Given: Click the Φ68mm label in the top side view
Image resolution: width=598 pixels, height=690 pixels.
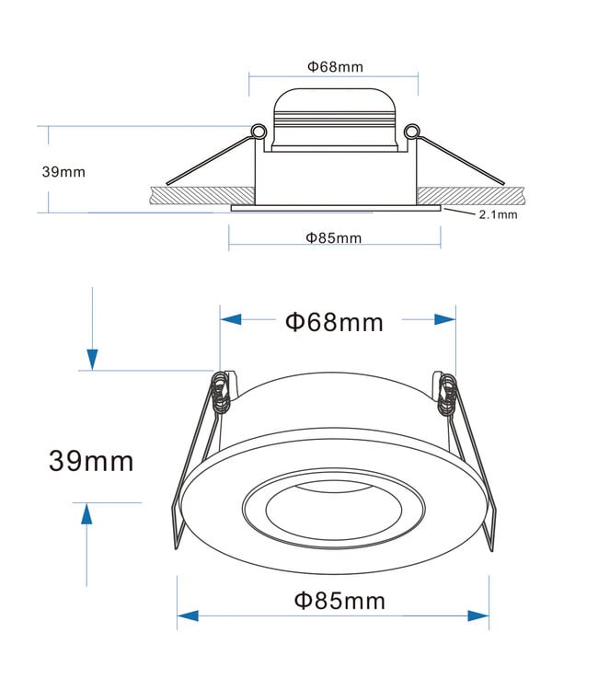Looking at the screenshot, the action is (335, 67).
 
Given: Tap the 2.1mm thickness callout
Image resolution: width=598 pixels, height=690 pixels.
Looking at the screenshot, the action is (498, 214).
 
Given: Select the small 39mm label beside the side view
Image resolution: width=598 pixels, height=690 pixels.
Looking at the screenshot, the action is (63, 172).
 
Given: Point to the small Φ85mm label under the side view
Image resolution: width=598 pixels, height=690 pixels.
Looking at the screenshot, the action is (334, 238).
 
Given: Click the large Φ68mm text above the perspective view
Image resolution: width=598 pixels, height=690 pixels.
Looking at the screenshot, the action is (335, 322).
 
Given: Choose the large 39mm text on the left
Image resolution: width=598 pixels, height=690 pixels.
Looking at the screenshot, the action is (91, 461).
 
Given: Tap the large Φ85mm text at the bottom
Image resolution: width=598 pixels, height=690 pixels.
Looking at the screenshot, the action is (339, 601).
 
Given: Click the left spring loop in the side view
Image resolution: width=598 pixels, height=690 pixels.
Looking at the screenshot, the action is (259, 132).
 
